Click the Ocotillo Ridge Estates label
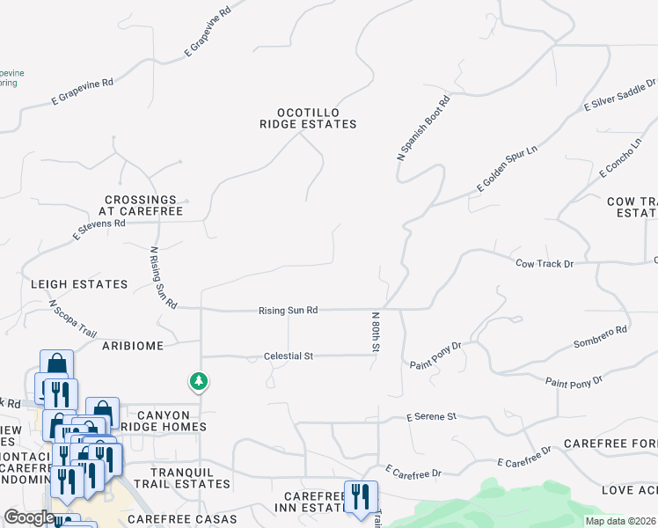308,118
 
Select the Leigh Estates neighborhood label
79,284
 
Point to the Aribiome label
133,346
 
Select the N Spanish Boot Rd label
423,128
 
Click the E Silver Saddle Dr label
619,95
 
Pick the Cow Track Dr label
544,263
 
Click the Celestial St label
289,356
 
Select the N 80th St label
376,332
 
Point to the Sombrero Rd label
599,337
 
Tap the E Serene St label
432,415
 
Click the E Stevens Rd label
99,230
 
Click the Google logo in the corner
29,517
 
